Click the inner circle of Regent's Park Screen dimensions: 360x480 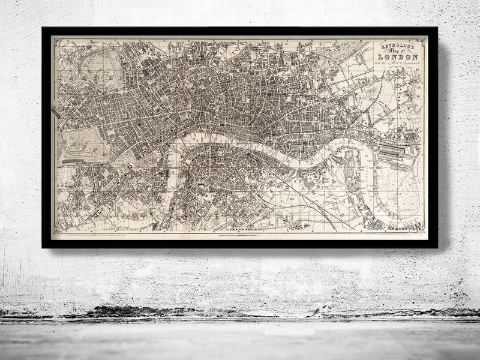click(x=104, y=77)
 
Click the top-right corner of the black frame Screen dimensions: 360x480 click(x=436, y=28)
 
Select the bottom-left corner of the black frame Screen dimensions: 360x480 click(x=43, y=247)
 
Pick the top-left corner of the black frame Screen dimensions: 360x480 click(x=43, y=28)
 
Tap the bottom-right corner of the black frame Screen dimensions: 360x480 click(x=436, y=247)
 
